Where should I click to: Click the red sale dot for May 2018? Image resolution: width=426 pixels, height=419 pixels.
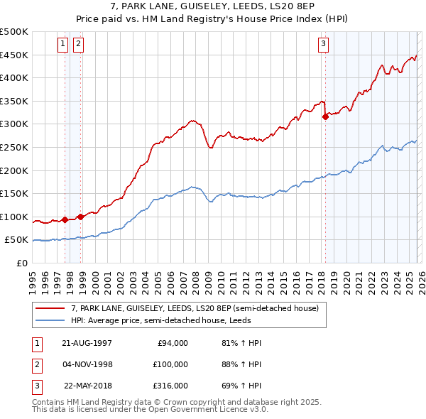pyautogui.click(x=325, y=116)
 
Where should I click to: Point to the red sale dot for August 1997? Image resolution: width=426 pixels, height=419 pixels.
pyautogui.click(x=65, y=219)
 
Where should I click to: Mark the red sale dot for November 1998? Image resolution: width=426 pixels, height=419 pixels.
pyautogui.click(x=80, y=217)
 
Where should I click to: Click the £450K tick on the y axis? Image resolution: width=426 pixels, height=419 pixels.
pyautogui.click(x=14, y=55)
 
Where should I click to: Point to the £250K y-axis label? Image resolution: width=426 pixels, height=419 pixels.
pyautogui.click(x=14, y=147)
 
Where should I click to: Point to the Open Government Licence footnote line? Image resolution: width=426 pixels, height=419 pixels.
pyautogui.click(x=150, y=410)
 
